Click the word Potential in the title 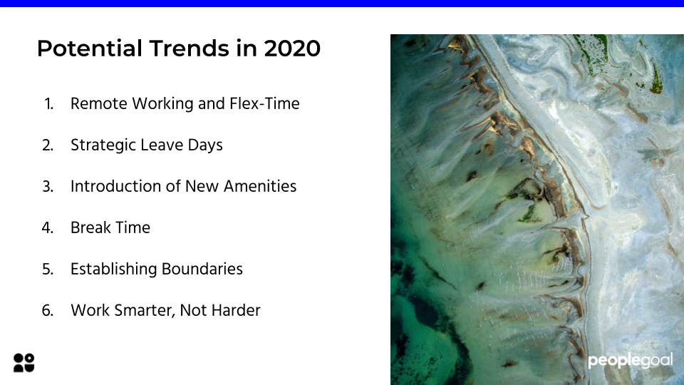tap(90, 48)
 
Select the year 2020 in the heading tap(292, 48)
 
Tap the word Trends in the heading tap(189, 48)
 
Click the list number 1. tap(49, 104)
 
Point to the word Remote tap(100, 104)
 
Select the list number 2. tap(48, 145)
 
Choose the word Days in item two tap(205, 145)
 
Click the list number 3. tap(48, 187)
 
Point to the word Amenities tap(261, 186)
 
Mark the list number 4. tap(48, 228)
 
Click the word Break tap(90, 228)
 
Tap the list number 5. tap(48, 269)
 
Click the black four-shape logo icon tap(24, 363)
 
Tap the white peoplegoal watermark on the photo tap(631, 361)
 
